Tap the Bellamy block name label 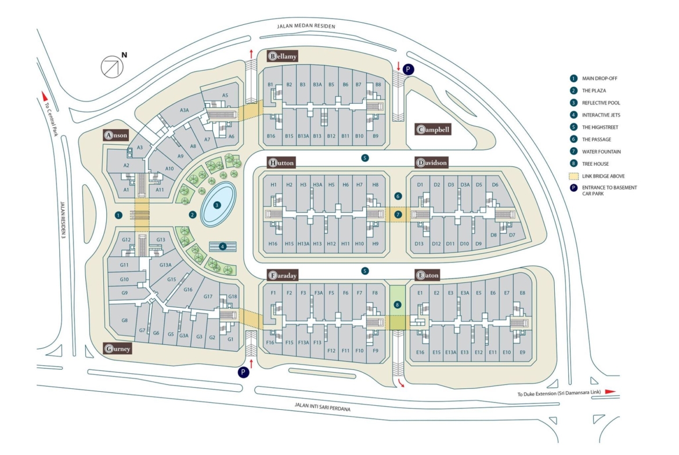(x=283, y=56)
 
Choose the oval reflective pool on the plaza (x=218, y=205)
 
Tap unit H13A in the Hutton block (x=303, y=244)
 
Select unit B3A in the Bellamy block (x=317, y=85)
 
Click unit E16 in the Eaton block (x=420, y=352)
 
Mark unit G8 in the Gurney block (x=124, y=321)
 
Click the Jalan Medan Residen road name (x=306, y=27)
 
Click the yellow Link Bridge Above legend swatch (x=573, y=176)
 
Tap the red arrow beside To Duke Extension (x=609, y=392)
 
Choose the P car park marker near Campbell (x=409, y=69)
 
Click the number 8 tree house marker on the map (x=397, y=304)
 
